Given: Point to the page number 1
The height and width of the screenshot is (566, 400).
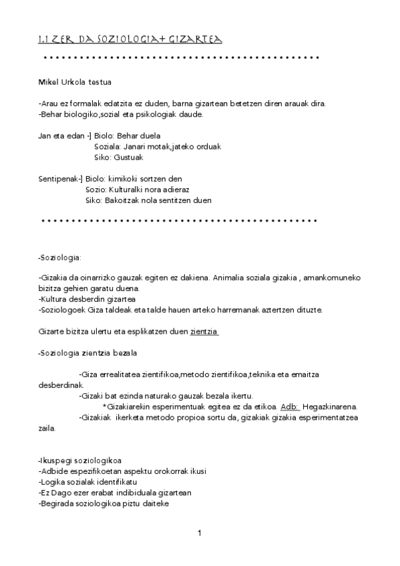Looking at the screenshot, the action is click(200, 533).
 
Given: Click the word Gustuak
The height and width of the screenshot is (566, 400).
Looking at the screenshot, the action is click(129, 158).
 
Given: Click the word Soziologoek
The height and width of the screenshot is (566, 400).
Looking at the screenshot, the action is click(63, 310).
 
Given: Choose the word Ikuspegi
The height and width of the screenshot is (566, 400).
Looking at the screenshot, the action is click(56, 461).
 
